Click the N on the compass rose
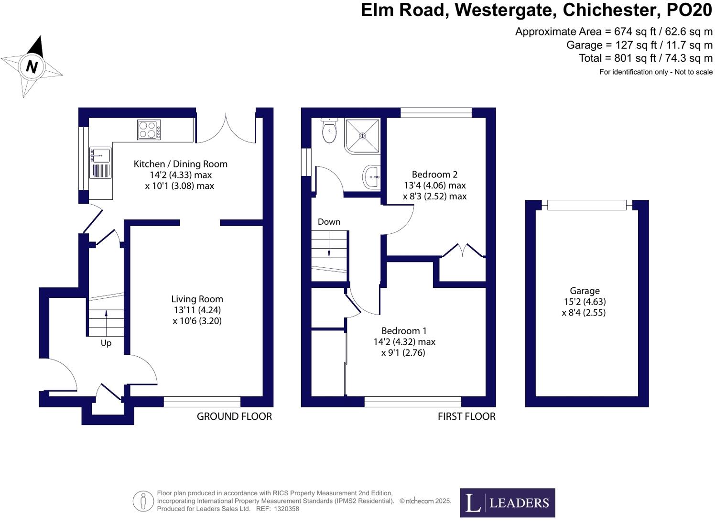tap(32, 66)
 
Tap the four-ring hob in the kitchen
tap(149, 130)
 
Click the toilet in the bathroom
tap(329, 131)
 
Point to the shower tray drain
tap(362, 136)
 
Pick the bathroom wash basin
tap(371, 177)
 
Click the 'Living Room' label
tap(197, 299)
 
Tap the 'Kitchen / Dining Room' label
tap(180, 164)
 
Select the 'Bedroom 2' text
tap(431, 175)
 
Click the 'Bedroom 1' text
tap(404, 331)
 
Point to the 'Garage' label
tap(584, 291)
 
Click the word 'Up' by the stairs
tap(106, 343)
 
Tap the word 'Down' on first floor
tap(329, 222)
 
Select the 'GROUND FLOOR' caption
tap(234, 416)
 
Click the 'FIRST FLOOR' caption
tap(466, 416)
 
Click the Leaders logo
tap(507, 502)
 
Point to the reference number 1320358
tap(287, 509)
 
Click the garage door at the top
tap(586, 205)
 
